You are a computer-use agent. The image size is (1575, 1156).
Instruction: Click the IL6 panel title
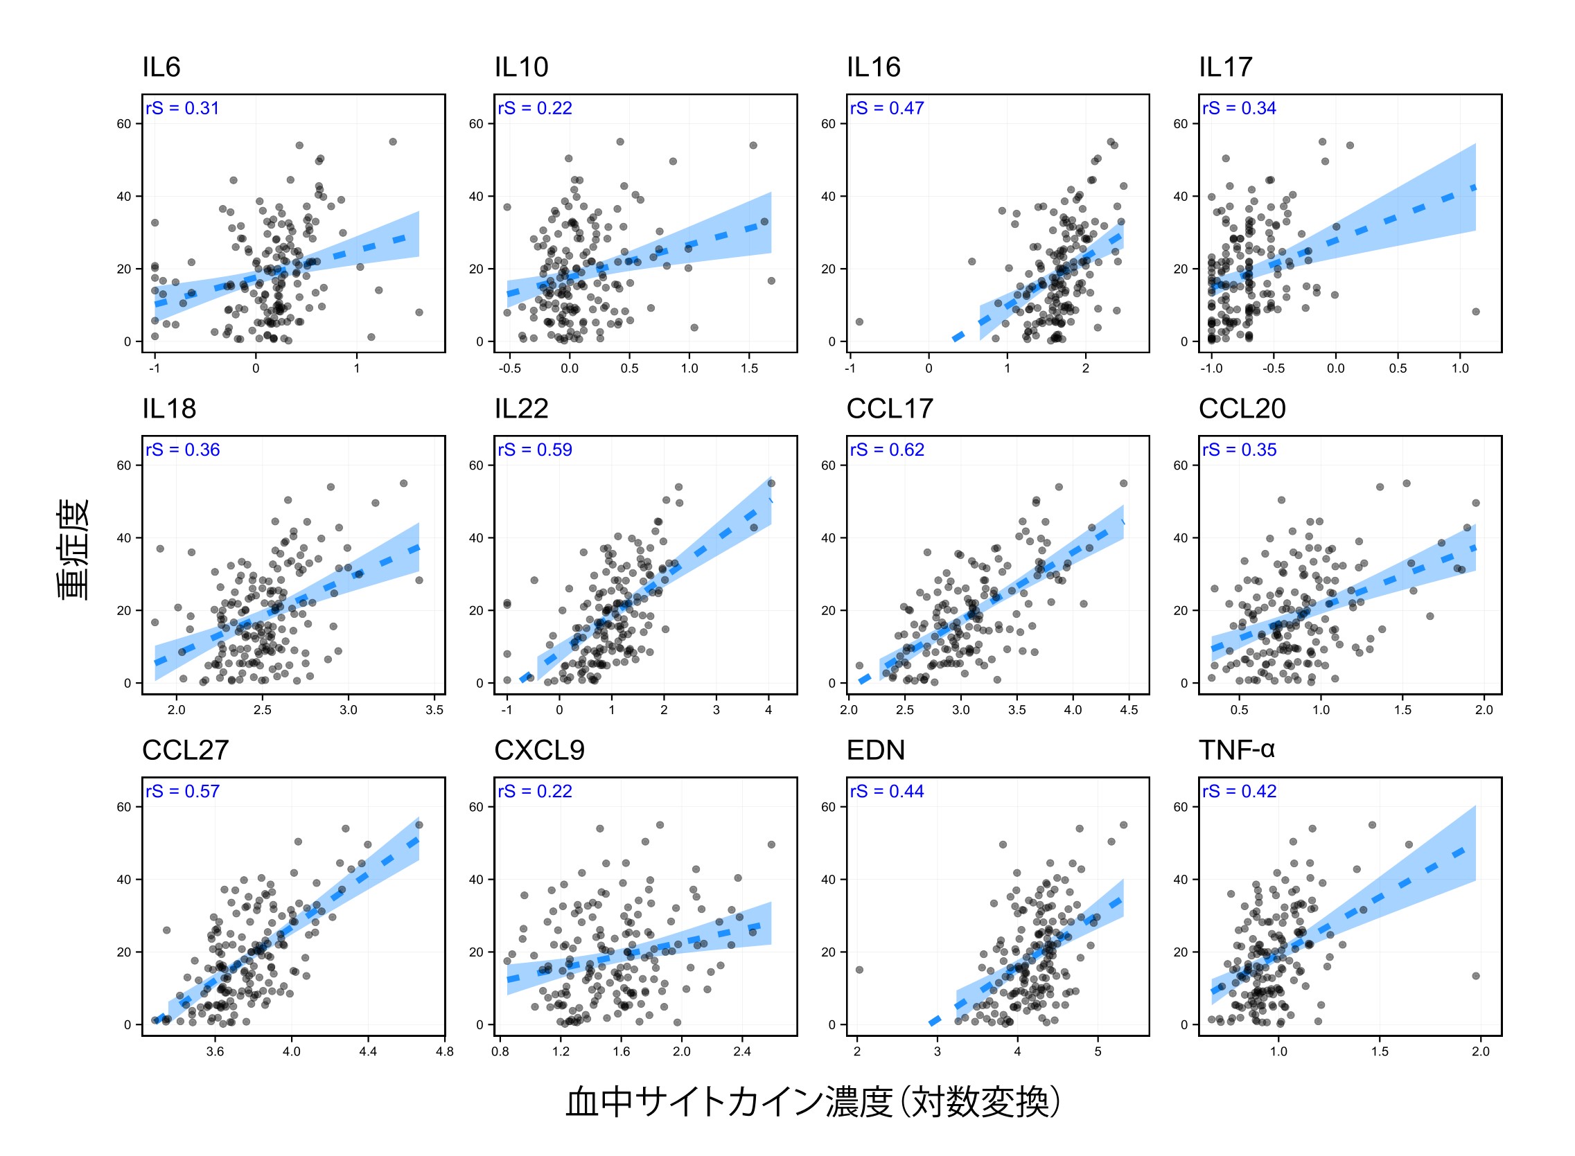(x=161, y=67)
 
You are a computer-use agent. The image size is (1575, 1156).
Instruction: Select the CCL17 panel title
(x=889, y=409)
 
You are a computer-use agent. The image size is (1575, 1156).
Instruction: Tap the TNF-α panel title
(x=1235, y=750)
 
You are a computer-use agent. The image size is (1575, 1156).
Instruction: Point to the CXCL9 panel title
(x=539, y=750)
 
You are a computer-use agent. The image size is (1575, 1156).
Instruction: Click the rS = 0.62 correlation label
(x=887, y=450)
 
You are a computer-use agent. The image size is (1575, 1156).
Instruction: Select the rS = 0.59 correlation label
(x=535, y=450)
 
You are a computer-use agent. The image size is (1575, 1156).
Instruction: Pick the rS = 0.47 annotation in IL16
(x=887, y=109)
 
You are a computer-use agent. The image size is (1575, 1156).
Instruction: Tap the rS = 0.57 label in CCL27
(x=183, y=792)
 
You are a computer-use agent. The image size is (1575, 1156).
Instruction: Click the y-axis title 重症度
(x=73, y=550)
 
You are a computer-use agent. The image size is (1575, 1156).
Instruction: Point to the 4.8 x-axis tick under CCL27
(x=444, y=1051)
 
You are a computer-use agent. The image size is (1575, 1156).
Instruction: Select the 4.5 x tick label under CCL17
(x=1128, y=710)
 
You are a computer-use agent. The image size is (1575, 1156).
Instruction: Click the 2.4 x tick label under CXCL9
(x=742, y=1051)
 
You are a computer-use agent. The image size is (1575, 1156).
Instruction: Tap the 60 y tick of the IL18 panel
(x=124, y=465)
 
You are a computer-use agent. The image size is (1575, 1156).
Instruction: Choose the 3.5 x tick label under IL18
(x=434, y=710)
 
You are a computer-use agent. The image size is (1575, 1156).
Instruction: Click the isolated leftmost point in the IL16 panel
(x=859, y=322)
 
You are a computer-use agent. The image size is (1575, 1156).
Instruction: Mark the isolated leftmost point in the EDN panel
(x=859, y=970)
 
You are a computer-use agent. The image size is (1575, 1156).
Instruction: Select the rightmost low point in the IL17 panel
(x=1476, y=312)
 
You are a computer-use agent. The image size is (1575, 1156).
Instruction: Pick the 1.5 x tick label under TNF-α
(x=1380, y=1051)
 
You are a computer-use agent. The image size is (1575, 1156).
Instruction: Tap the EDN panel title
(x=875, y=750)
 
